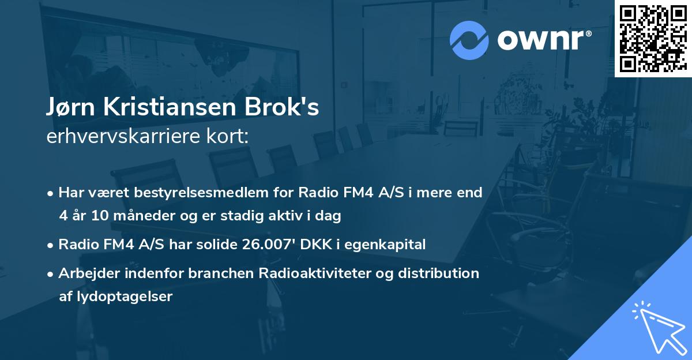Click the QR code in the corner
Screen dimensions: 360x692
[x=653, y=39]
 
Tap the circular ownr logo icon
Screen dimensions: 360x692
[x=469, y=40]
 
